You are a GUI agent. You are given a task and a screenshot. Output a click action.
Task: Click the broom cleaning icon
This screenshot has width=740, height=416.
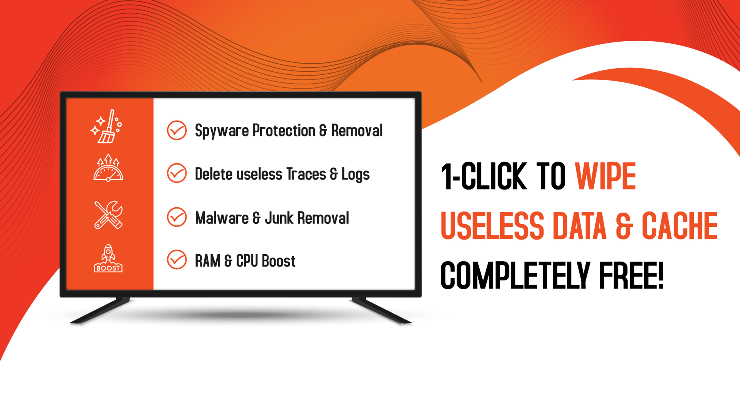[106, 127]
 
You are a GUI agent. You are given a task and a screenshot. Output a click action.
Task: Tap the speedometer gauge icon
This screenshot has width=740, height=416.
[108, 168]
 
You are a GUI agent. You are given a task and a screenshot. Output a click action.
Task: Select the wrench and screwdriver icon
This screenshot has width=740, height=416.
[108, 215]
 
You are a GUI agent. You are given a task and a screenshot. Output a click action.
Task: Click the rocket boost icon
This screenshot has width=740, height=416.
[108, 258]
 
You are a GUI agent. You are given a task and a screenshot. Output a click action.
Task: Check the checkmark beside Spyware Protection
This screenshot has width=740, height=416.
[177, 130]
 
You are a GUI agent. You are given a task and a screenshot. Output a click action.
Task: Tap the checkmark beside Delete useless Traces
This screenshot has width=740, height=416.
[177, 173]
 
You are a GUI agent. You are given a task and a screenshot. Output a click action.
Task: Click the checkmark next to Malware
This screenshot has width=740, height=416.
[177, 217]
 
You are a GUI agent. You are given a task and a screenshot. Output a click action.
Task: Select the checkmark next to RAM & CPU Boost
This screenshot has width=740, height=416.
[177, 260]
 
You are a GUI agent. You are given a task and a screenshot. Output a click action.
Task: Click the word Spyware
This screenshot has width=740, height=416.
[222, 131]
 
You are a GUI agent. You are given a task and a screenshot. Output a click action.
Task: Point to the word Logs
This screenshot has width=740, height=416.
[355, 174]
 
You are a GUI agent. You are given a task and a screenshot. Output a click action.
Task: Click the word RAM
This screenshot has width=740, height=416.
[207, 261]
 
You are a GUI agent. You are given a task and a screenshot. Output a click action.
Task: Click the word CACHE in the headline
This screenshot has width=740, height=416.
[679, 226]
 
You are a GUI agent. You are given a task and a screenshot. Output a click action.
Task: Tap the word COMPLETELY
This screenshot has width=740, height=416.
[515, 275]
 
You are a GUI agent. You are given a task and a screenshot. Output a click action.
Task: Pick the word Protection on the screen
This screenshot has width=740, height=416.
[284, 131]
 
